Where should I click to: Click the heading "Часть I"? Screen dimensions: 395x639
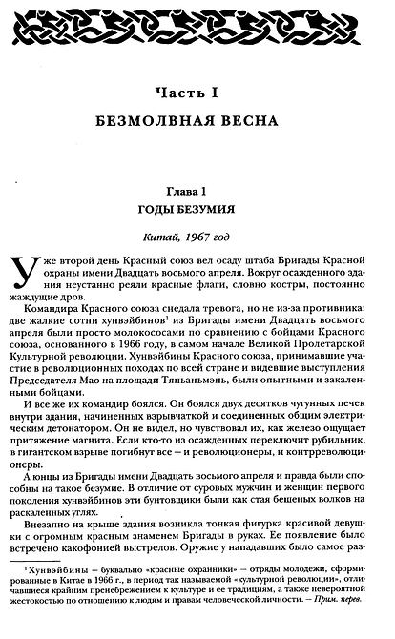[x=197, y=92]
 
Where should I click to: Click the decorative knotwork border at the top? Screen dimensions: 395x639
[x=197, y=21]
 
